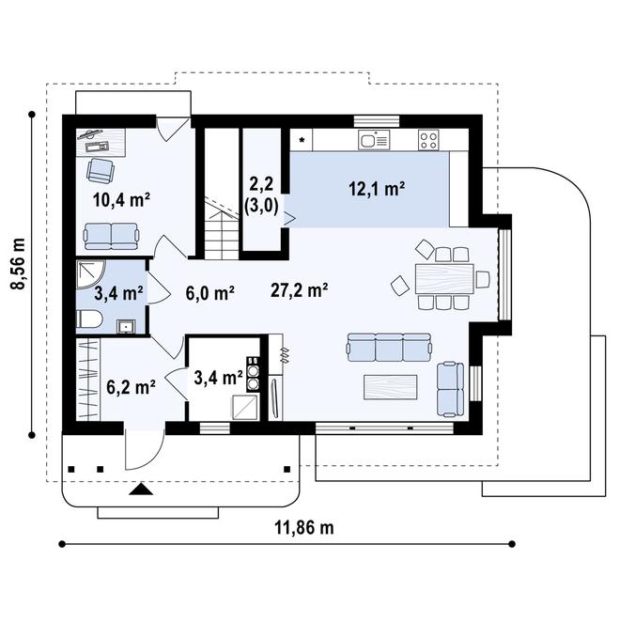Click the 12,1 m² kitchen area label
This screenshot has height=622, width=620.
click(x=377, y=189)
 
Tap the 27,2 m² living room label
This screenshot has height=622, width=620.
click(x=299, y=290)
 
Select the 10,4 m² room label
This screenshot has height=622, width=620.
click(x=121, y=200)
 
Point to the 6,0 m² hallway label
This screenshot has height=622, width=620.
click(x=209, y=293)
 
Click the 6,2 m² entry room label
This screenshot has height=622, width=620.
click(x=131, y=387)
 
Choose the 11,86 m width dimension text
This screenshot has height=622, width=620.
click(x=304, y=528)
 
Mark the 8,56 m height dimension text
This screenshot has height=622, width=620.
click(x=18, y=265)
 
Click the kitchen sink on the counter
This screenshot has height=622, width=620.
click(x=374, y=140)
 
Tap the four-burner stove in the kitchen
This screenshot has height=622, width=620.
click(x=428, y=140)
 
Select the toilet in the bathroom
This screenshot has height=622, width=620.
click(x=89, y=319)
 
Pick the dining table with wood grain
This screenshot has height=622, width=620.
click(x=444, y=278)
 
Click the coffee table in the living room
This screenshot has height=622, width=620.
click(x=391, y=387)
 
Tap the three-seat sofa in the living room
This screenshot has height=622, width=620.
click(x=389, y=347)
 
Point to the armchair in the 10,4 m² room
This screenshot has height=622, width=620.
click(x=101, y=171)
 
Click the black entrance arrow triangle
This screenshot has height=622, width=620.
click(x=141, y=490)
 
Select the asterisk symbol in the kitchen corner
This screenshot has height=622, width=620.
click(x=302, y=140)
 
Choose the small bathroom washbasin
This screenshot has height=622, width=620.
click(x=126, y=326)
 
